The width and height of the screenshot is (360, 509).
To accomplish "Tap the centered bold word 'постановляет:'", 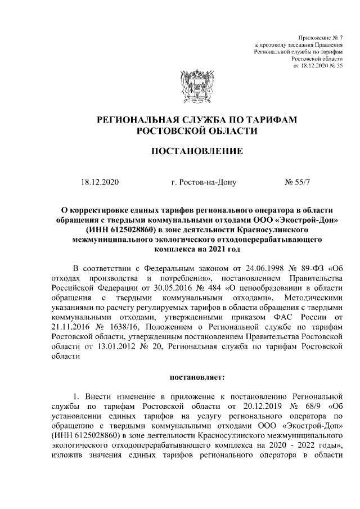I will point(197,375).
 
